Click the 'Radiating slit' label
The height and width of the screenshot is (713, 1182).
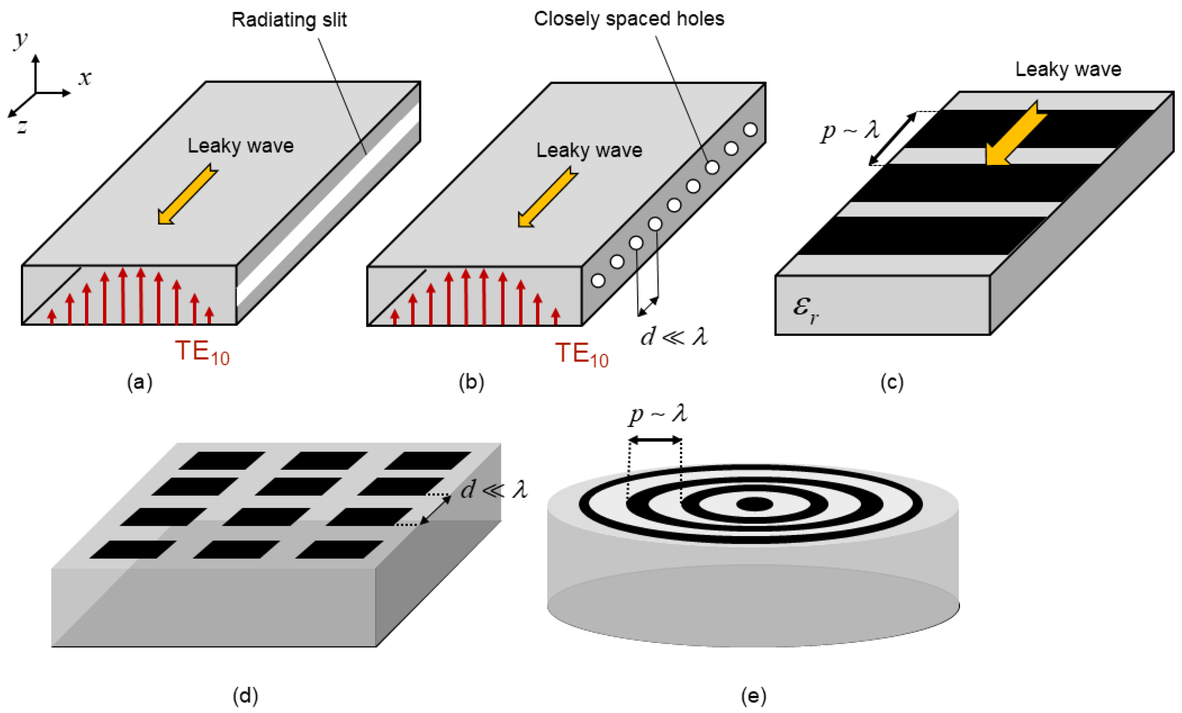click(289, 20)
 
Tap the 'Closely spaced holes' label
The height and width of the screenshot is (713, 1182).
click(628, 19)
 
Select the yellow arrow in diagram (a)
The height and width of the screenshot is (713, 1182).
click(187, 194)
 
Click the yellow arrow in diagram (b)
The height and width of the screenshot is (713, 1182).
click(547, 197)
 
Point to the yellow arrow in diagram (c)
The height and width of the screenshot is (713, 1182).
click(1015, 134)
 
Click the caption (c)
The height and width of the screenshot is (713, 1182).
click(892, 383)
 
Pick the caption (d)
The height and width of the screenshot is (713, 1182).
click(245, 695)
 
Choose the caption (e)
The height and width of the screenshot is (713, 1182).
click(753, 695)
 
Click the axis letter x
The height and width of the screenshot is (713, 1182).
click(85, 78)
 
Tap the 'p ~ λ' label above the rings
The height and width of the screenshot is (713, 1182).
click(658, 414)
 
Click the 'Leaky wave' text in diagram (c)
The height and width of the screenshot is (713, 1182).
click(1068, 70)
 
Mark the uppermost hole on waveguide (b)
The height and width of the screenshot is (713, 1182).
click(750, 130)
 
